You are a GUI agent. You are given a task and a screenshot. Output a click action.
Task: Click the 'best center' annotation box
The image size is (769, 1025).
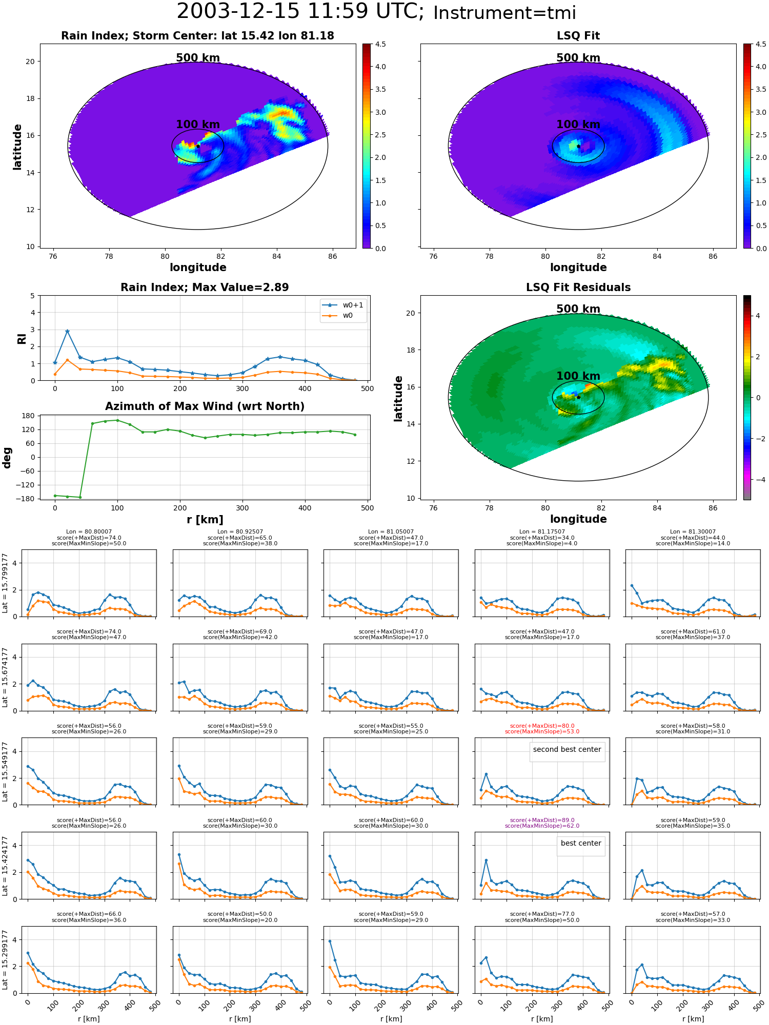pos(581,844)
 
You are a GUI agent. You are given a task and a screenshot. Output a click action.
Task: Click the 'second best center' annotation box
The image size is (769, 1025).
pos(567,750)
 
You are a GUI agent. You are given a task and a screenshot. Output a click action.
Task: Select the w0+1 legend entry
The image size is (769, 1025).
pos(343,305)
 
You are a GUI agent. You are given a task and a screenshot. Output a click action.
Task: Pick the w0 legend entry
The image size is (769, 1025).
pos(338,316)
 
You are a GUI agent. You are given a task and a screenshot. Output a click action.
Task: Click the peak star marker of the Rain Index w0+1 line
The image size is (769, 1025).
pos(67,332)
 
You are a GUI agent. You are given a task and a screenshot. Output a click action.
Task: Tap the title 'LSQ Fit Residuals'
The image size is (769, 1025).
pos(578,288)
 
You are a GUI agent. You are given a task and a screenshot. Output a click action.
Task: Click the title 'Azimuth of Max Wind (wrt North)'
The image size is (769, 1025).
pos(205,406)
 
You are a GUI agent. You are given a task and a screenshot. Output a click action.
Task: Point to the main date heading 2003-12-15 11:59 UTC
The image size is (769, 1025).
pos(300,11)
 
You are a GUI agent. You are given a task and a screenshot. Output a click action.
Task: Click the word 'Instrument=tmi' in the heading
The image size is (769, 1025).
pos(504,13)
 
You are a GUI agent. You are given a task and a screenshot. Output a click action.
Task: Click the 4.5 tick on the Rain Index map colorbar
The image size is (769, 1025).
pos(380,44)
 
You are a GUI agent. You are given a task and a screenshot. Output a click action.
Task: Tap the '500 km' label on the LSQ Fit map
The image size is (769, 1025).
pos(578,58)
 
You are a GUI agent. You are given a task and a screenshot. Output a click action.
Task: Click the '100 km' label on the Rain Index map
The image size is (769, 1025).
pos(198,125)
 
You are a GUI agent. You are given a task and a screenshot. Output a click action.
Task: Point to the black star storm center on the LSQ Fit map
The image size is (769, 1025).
pos(578,146)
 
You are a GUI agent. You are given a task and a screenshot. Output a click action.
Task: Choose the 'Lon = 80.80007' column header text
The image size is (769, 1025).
pos(89,532)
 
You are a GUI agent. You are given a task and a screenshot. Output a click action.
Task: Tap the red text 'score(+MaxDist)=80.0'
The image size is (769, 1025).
pos(542,726)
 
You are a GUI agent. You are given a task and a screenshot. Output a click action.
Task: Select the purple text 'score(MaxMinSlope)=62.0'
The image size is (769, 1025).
pos(542,826)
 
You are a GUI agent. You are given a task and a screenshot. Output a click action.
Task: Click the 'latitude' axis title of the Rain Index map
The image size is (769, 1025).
pos(17,147)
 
